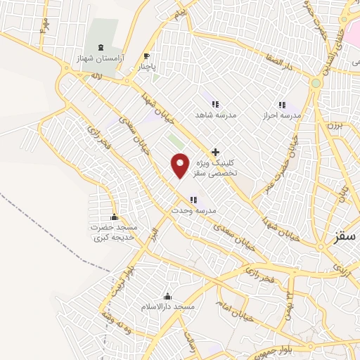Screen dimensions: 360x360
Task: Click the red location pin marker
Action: [180, 165]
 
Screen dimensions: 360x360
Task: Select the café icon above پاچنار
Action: [146, 56]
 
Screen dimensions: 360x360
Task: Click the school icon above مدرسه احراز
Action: [283, 104]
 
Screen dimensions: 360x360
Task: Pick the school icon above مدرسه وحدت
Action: [193, 200]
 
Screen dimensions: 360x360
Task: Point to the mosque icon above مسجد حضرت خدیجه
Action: [114, 217]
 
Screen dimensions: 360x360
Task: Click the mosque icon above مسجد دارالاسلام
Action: [167, 296]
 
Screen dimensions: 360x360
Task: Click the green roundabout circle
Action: [316, 84]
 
